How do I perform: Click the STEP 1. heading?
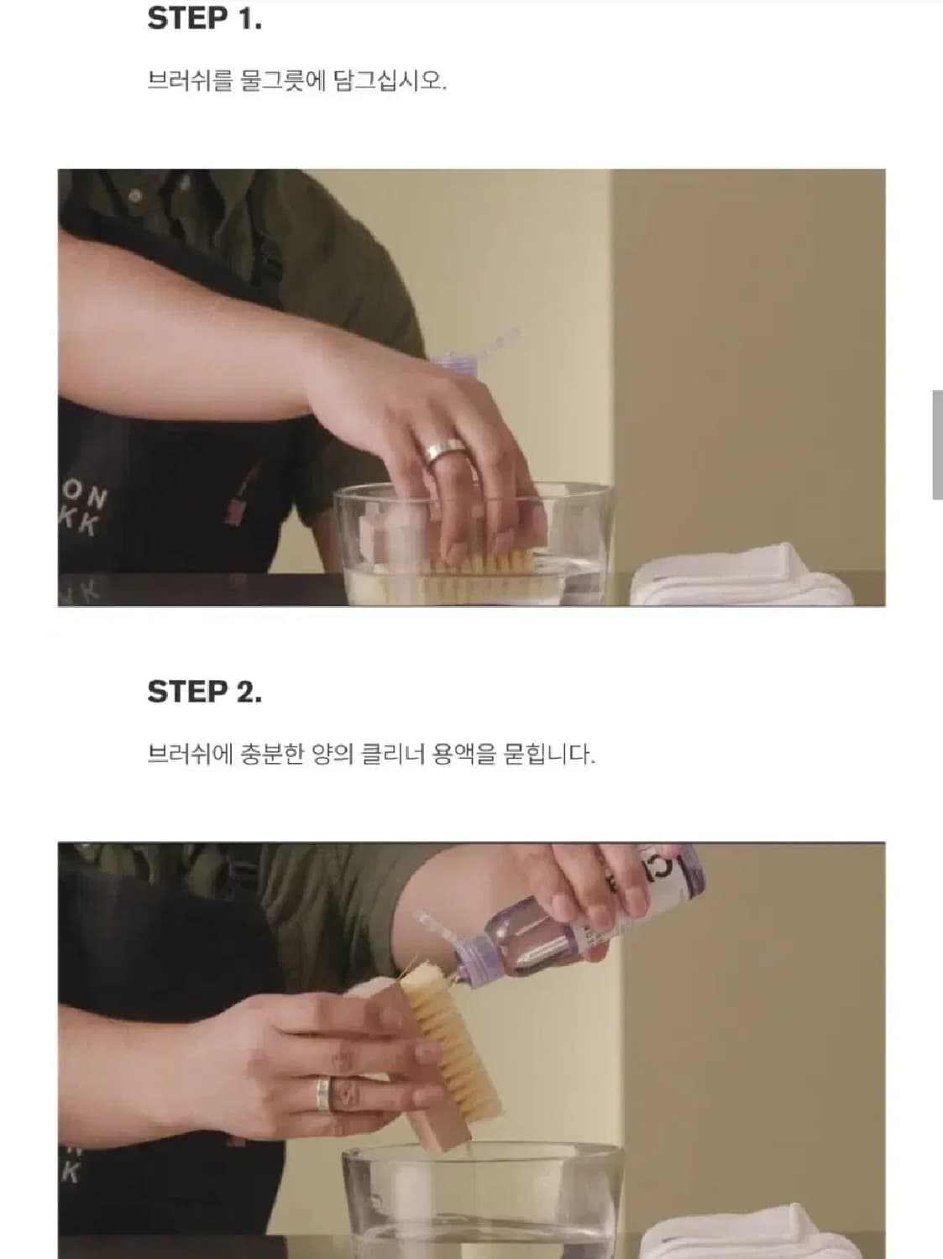[x=204, y=19]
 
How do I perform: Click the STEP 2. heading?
[x=204, y=692]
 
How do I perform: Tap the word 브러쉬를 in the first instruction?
[x=190, y=82]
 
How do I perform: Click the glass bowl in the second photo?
[x=483, y=1200]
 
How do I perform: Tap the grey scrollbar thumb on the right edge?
[x=936, y=445]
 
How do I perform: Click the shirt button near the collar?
[x=135, y=196]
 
